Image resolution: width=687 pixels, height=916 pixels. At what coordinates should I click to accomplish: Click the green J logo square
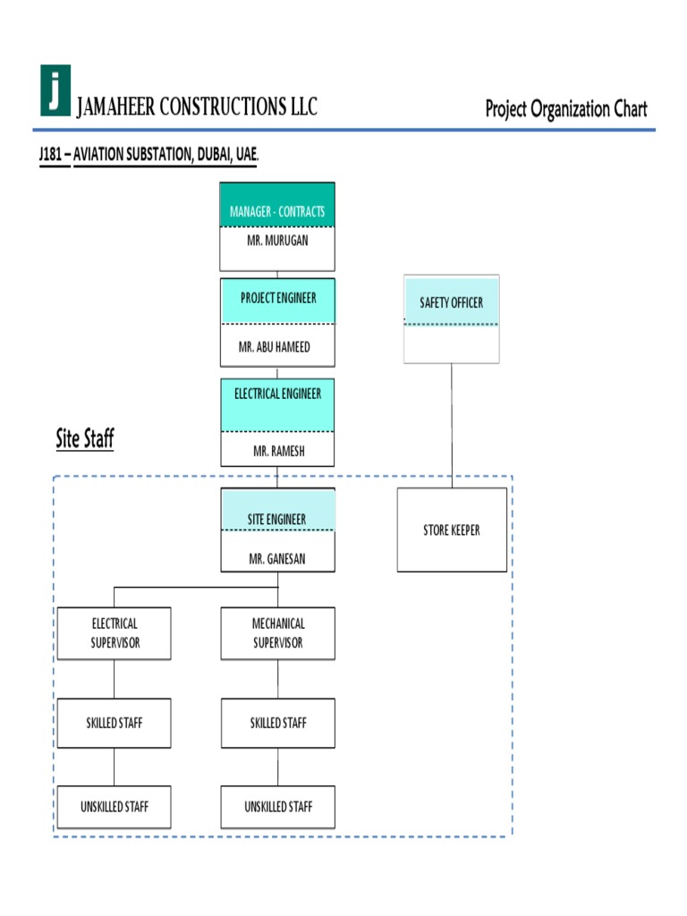tap(55, 90)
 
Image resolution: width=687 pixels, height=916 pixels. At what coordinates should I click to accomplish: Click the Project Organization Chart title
tap(565, 109)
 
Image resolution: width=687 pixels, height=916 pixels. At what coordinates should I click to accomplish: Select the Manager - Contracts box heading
tap(277, 212)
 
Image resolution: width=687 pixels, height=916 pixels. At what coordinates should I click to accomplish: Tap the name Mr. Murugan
tap(277, 241)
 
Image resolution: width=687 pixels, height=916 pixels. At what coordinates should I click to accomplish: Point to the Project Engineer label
tap(277, 298)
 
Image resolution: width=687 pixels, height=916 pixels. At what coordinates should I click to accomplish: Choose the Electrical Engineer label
tap(277, 394)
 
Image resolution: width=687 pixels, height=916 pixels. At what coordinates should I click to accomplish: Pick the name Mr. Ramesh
tap(278, 452)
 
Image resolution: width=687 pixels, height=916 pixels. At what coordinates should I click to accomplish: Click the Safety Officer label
tap(451, 303)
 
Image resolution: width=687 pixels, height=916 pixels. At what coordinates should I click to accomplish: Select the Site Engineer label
tap(277, 519)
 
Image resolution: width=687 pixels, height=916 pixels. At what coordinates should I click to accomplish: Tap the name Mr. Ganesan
tap(277, 559)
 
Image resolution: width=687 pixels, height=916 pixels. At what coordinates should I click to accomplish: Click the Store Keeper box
tap(452, 530)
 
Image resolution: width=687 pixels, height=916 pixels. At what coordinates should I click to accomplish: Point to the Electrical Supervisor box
tap(114, 633)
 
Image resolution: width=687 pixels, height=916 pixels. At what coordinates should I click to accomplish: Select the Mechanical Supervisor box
tap(278, 633)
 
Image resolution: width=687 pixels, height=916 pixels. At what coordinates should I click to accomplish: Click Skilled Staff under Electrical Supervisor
tap(114, 723)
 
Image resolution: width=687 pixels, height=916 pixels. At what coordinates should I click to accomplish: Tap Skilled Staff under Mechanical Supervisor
tap(278, 723)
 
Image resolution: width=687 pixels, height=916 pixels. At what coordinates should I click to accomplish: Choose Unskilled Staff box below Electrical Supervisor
tap(114, 807)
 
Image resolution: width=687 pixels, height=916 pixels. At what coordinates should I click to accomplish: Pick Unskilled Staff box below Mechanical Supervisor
tap(278, 807)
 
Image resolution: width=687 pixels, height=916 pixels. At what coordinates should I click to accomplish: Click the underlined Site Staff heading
tap(85, 439)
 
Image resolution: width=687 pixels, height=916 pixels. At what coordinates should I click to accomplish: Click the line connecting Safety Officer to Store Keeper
tap(451, 425)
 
